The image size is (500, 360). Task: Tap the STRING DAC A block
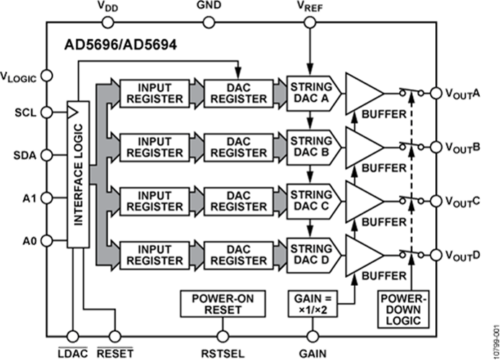pos(309,91)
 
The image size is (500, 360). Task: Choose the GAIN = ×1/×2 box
pos(312,303)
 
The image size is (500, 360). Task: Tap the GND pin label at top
pos(208,6)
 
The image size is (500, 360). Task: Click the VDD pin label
pos(108,6)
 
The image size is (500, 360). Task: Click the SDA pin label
pos(23,155)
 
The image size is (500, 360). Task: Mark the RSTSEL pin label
pos(221,352)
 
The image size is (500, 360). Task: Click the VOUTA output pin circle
pos(434,93)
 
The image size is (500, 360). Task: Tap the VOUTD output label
pos(462,255)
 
